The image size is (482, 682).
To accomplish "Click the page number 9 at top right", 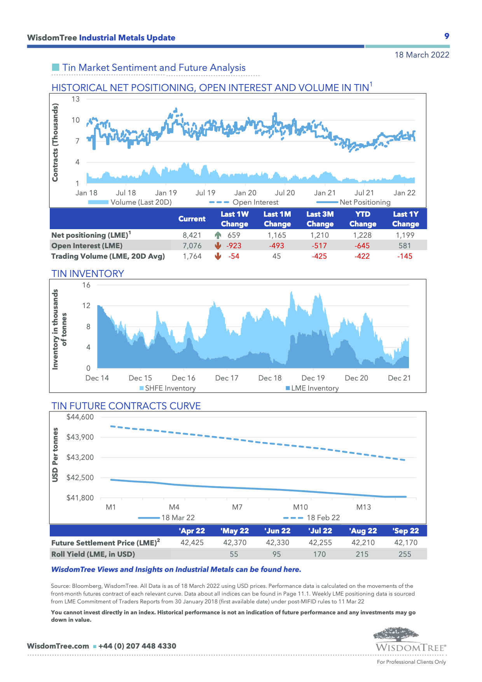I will (x=447, y=36).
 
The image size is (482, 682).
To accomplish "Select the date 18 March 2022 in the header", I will (x=422, y=55).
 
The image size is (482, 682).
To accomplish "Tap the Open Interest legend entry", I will (x=255, y=202).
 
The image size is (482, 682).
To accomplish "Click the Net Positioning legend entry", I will (x=365, y=202).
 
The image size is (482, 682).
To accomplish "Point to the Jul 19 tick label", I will (x=205, y=193).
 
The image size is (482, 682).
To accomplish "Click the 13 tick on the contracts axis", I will (x=75, y=99).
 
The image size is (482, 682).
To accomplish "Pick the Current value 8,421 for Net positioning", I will (x=192, y=235).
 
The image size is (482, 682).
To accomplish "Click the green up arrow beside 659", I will (x=218, y=235).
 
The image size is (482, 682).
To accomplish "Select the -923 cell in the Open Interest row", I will (x=234, y=246).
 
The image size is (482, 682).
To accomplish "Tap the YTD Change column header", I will (x=363, y=219).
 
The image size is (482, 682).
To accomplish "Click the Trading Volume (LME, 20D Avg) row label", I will (x=108, y=256).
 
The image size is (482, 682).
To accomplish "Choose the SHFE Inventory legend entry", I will (x=170, y=388).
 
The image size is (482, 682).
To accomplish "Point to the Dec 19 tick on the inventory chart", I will (x=313, y=378).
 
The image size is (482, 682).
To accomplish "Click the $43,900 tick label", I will (x=80, y=437).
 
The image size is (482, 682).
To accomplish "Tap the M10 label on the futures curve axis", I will (x=300, y=507).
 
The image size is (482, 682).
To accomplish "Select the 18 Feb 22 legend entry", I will (x=323, y=518).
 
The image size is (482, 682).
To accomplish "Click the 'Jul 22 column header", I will (x=320, y=531).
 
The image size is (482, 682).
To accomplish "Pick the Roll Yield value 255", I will (x=405, y=554).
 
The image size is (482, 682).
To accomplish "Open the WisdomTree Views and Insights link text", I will (x=176, y=570).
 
